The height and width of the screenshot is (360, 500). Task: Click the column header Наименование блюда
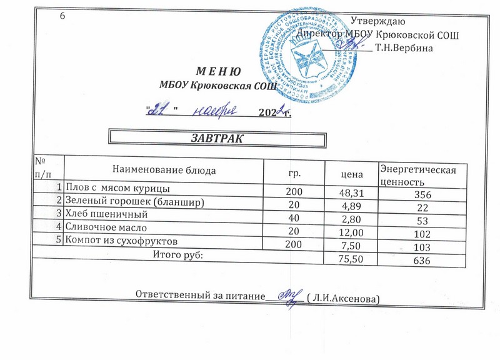(x=164, y=169)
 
